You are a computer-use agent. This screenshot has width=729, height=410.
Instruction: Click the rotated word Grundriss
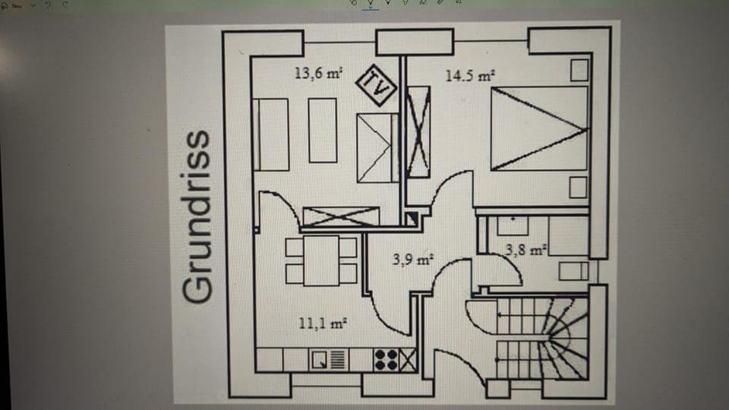196,216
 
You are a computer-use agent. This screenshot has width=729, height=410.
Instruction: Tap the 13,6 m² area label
318,74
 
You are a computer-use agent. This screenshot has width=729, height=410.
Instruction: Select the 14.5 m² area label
470,76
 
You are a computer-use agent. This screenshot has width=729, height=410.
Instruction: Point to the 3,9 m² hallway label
412,260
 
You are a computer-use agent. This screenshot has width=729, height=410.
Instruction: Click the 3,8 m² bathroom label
526,248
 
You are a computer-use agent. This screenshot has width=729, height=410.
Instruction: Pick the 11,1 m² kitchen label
323,323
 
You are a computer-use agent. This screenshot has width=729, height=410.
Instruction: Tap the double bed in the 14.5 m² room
539,128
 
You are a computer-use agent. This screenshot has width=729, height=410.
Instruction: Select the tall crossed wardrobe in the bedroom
418,132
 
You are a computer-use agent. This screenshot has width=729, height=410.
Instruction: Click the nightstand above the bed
579,71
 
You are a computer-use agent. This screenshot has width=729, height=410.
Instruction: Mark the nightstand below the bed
579,187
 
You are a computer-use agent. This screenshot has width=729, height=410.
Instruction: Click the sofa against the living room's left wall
271,134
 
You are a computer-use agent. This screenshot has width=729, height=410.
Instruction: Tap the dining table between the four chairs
321,260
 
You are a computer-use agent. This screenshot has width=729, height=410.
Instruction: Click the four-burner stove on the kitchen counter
386,360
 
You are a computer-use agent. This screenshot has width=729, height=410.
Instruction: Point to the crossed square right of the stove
408,360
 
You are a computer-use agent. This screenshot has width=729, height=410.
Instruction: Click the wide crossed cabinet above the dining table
340,216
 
